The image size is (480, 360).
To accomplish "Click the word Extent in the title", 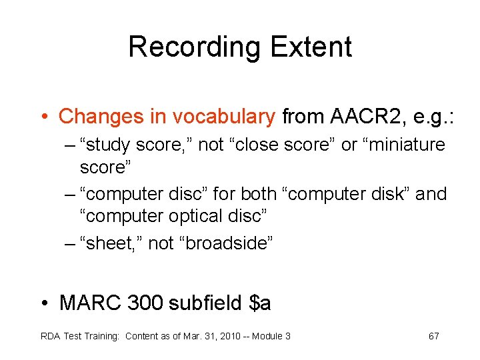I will click(x=312, y=47).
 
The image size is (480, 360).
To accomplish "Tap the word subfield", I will click(x=205, y=303).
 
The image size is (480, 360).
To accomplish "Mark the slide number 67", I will click(x=433, y=336).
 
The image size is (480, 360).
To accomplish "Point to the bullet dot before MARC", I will click(x=44, y=304).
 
